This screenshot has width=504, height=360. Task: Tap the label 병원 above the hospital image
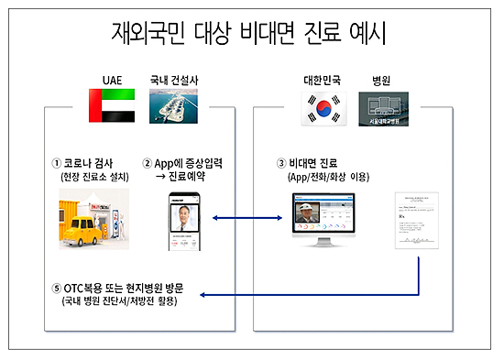point(383,80)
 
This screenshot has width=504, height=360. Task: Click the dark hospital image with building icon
point(384,108)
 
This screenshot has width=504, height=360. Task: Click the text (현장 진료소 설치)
point(90,177)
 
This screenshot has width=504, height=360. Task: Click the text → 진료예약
point(181,177)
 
